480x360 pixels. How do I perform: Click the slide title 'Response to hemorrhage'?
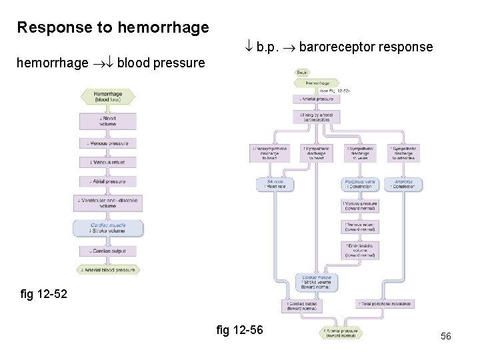pos(113,27)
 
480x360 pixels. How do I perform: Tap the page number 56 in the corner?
pos(445,337)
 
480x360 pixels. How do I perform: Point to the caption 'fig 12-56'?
pos(240,329)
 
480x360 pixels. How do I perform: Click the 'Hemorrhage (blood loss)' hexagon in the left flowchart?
pos(108,97)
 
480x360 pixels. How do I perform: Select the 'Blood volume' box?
pos(108,121)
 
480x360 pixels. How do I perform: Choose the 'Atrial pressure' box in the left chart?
pos(108,181)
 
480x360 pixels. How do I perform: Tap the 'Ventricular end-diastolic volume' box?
pos(108,203)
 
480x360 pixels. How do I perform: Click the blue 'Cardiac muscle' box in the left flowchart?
pos(108,229)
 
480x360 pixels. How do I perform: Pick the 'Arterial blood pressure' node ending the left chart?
pos(108,270)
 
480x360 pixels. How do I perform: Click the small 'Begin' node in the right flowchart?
pos(301,72)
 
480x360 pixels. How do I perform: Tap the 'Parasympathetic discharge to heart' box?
pos(270,153)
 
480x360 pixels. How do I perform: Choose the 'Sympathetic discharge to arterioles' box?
pos(403,153)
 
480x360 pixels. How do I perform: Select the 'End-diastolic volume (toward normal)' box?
pos(360,250)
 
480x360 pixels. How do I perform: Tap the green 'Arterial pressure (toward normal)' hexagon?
pos(341,333)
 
